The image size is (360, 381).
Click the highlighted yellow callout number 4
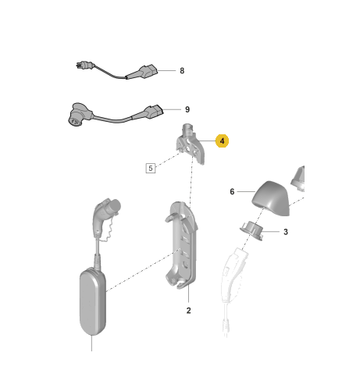(222, 141)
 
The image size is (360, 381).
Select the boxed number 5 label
(151, 168)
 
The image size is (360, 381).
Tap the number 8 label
(182, 71)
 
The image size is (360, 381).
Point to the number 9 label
(187, 109)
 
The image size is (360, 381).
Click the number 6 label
(232, 192)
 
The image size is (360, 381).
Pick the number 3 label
(286, 232)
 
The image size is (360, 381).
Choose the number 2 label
(188, 311)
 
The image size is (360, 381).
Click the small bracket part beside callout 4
(191, 144)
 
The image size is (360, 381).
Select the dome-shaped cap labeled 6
(271, 198)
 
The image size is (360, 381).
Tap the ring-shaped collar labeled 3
(251, 230)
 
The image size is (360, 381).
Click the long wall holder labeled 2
(181, 245)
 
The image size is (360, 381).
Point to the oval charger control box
(93, 301)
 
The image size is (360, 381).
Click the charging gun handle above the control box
(105, 216)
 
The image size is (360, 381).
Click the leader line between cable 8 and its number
(167, 70)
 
